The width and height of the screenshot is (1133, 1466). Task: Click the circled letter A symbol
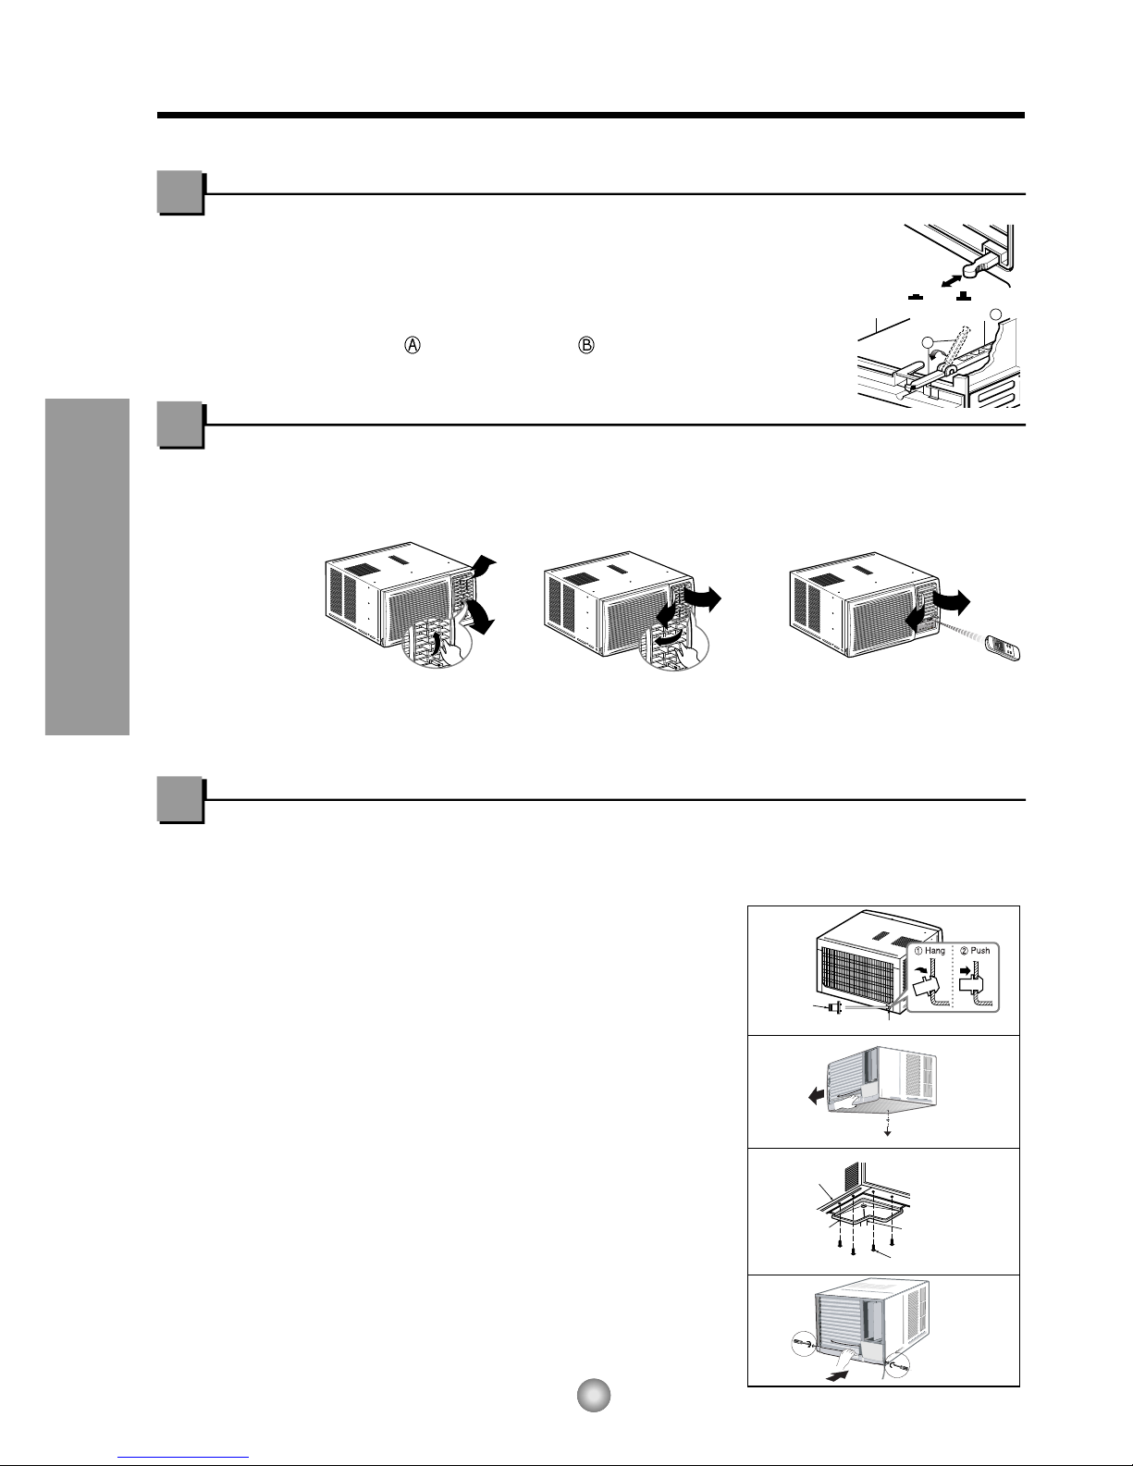413,345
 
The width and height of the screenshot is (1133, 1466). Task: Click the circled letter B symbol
586,345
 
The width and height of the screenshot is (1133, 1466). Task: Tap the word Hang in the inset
934,951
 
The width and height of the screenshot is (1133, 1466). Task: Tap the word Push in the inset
979,951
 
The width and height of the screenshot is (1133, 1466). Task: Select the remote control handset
1003,647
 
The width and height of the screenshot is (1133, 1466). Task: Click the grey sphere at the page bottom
594,1396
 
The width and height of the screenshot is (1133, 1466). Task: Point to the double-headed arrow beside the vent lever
952,280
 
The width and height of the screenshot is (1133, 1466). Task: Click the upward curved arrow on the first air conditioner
483,565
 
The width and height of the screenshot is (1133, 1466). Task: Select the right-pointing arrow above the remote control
952,602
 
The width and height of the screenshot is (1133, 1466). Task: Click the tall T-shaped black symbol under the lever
963,295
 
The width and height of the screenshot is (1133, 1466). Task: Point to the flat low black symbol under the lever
915,297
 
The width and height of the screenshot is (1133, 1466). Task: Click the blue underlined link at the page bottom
183,1458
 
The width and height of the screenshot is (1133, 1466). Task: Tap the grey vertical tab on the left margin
87,567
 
